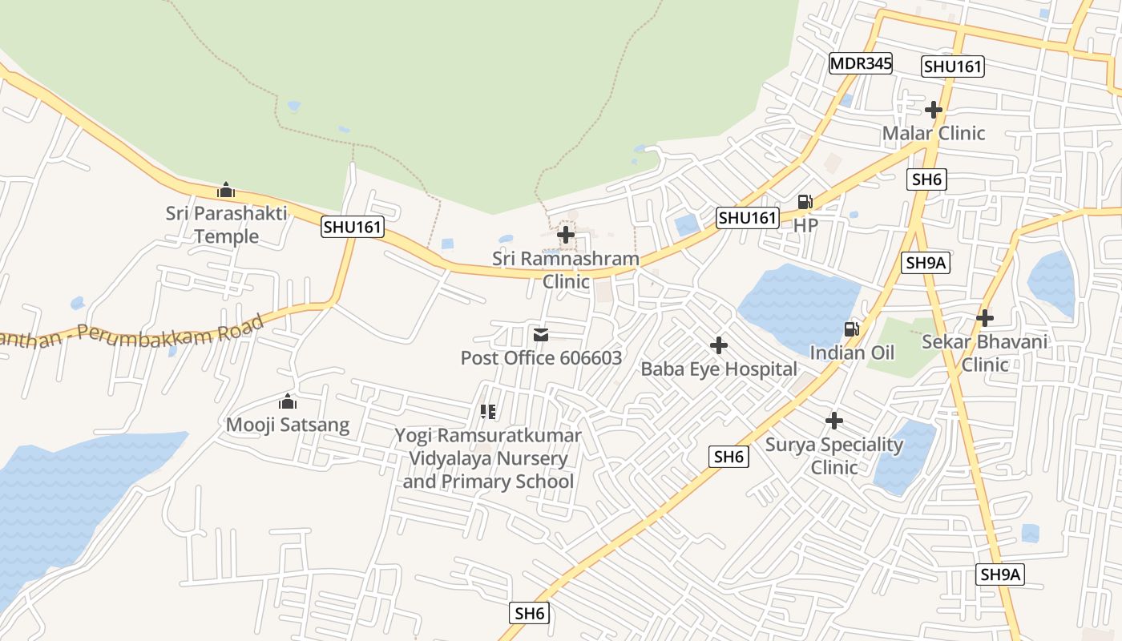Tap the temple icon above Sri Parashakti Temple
click(x=226, y=191)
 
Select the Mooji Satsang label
click(x=288, y=425)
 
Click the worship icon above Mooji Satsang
click(x=288, y=401)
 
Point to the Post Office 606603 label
click(x=541, y=357)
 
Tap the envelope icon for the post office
click(x=541, y=334)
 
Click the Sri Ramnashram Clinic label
click(x=566, y=270)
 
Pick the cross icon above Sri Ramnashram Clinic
click(x=566, y=235)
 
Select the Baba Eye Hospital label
click(x=719, y=369)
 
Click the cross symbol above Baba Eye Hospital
click(x=719, y=345)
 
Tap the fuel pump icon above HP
click(x=805, y=202)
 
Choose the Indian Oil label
click(x=852, y=353)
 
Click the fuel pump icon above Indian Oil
click(x=852, y=329)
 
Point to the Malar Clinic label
click(x=934, y=133)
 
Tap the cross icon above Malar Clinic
click(x=934, y=110)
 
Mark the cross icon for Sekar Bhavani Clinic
click(x=985, y=318)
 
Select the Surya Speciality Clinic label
click(x=834, y=455)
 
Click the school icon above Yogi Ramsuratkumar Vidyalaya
click(x=488, y=412)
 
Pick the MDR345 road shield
click(x=861, y=64)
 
